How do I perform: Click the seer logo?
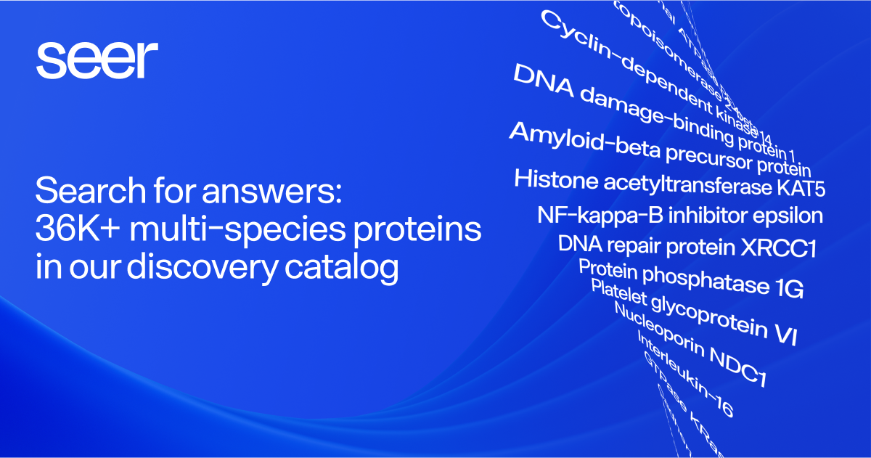tap(97, 60)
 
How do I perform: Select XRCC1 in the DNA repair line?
tap(778, 248)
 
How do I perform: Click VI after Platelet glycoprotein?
tap(785, 335)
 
